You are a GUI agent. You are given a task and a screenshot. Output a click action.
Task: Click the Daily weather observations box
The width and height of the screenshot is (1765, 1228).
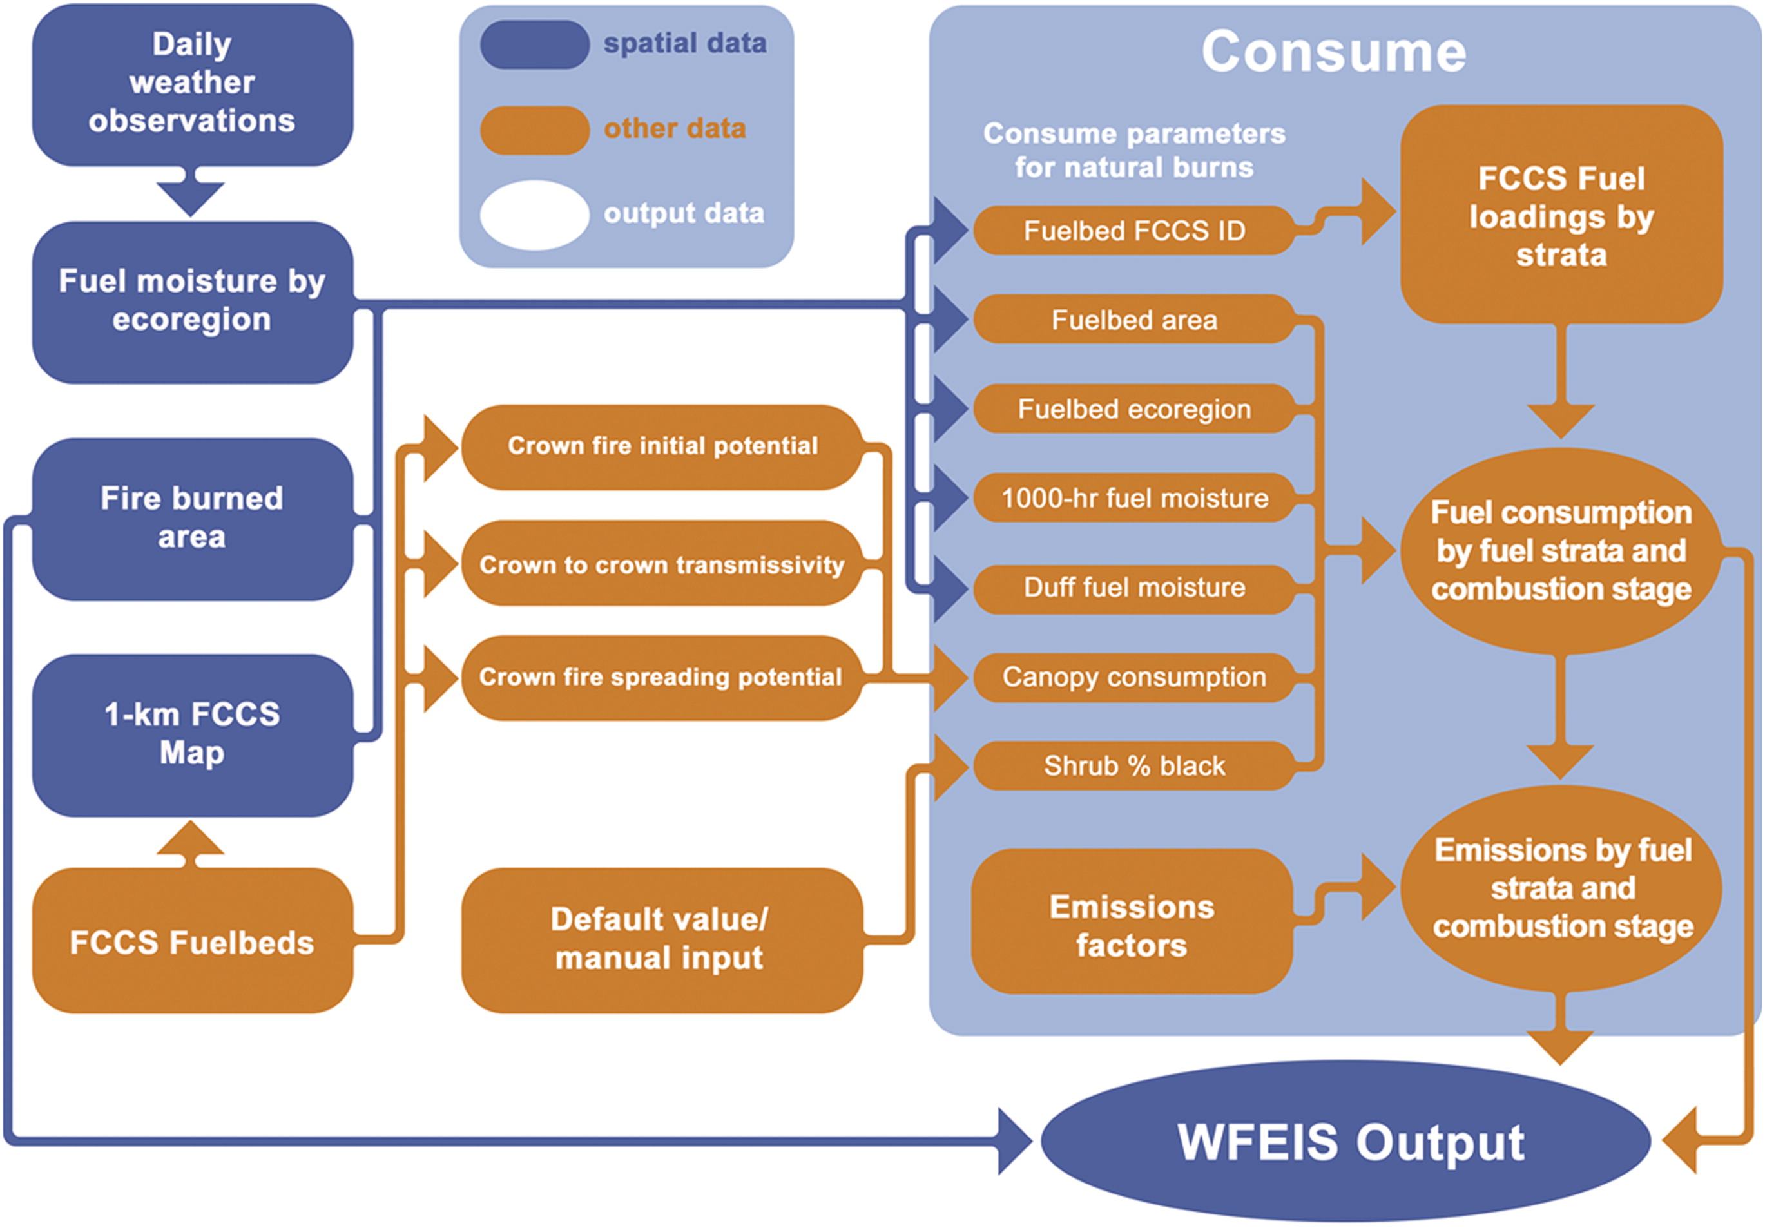pos(192,83)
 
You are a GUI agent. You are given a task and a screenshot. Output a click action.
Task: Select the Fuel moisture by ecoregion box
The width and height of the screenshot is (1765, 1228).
pos(192,302)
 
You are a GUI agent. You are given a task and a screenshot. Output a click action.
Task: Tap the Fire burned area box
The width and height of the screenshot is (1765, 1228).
pos(192,518)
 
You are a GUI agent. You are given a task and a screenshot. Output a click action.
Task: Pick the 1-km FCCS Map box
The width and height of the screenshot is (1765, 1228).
pos(192,734)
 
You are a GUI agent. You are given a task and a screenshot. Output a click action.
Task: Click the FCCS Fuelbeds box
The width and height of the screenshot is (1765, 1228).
pos(192,941)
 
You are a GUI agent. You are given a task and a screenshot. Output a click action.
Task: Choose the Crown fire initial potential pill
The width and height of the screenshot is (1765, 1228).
pos(662,446)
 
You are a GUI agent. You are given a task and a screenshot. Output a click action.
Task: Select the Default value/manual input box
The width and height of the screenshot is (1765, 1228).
pos(662,939)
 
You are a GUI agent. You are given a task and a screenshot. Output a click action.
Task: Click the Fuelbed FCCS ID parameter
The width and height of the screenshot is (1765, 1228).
pos(1134,231)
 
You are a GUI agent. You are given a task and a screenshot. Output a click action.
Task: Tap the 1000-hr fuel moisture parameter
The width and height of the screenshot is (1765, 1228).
pos(1134,498)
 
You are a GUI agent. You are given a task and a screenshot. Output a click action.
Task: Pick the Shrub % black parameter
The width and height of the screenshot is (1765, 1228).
pos(1134,765)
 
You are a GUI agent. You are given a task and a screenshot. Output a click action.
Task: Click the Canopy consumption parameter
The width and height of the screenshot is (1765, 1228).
pos(1134,676)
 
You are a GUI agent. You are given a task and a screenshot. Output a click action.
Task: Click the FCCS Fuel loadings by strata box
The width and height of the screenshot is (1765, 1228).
pos(1561,215)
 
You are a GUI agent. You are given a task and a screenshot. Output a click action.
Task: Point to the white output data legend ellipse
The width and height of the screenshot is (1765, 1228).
pos(534,215)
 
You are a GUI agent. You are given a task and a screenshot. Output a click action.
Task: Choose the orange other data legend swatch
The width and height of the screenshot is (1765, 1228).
pos(534,129)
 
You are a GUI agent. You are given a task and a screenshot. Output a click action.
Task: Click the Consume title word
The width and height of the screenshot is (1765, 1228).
pos(1334,52)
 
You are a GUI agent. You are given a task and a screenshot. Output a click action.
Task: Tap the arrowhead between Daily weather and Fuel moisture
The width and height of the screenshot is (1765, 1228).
pos(191,197)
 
